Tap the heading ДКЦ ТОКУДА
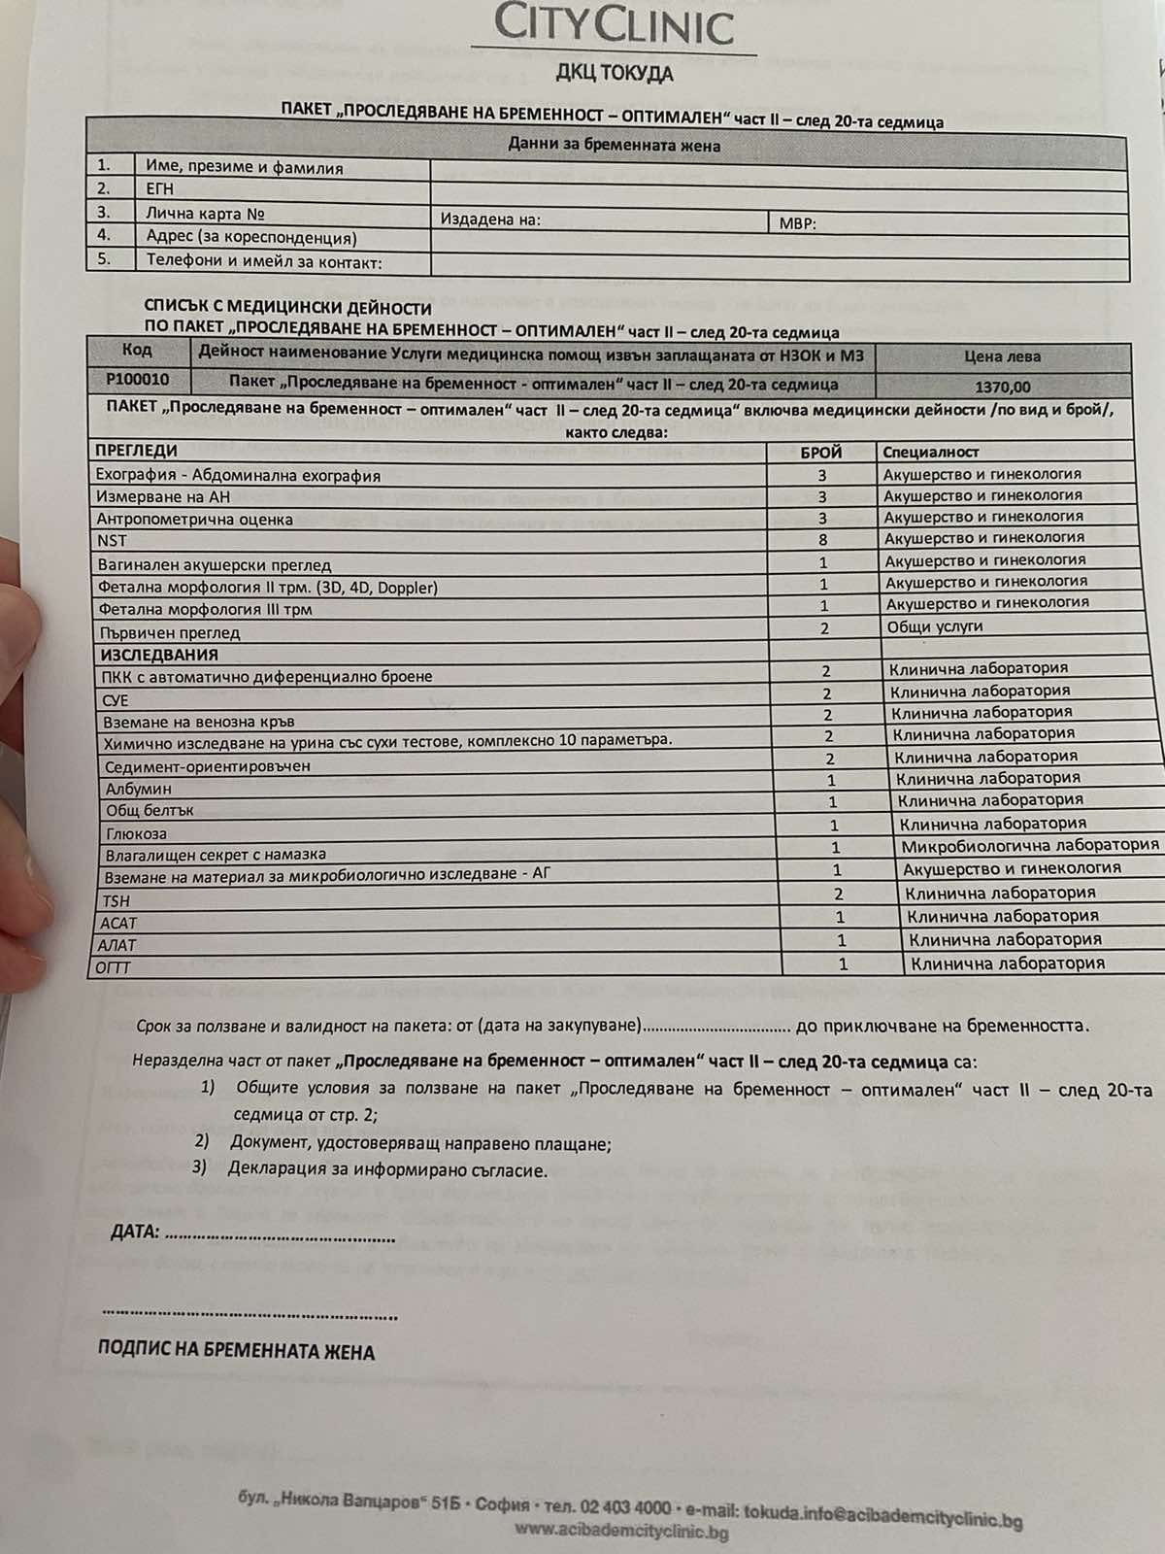[614, 73]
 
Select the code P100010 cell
[138, 379]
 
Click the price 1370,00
[1003, 387]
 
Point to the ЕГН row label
[159, 189]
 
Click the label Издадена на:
[490, 220]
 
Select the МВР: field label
[797, 223]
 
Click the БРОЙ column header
[820, 452]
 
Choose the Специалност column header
[930, 452]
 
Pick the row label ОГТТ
[113, 967]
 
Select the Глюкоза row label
[136, 833]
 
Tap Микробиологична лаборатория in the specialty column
[1030, 846]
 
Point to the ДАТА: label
[134, 1232]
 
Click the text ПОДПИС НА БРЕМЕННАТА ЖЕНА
[236, 1351]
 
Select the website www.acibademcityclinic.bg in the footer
[621, 1533]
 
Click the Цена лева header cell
[1002, 356]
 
